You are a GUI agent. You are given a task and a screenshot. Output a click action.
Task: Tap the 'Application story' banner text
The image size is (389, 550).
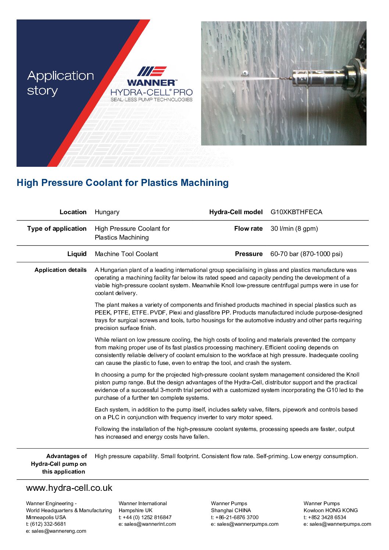click(x=61, y=83)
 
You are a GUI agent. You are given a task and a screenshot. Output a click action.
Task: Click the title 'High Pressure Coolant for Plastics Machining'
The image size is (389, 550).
click(x=122, y=183)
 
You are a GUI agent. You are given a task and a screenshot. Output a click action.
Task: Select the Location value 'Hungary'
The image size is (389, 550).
click(x=107, y=212)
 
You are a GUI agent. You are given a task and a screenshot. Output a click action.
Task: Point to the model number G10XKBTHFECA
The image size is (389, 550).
click(x=296, y=212)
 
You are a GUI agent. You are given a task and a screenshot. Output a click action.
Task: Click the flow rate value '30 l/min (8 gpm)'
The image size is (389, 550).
click(x=294, y=229)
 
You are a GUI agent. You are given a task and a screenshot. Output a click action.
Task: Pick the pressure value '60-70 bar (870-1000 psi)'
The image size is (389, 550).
click(x=306, y=254)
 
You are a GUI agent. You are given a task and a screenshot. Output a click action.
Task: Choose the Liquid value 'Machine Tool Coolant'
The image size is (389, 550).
click(x=126, y=254)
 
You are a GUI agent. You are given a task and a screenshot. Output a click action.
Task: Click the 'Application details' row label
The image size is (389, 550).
click(x=61, y=270)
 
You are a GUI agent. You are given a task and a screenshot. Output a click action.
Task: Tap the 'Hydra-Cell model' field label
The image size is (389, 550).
click(x=236, y=212)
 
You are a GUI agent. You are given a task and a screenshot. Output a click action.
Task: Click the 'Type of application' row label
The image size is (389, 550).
click(x=57, y=229)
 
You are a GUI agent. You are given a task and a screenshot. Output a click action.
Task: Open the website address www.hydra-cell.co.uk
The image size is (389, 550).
click(x=69, y=488)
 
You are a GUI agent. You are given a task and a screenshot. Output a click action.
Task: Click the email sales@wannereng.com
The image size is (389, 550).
click(x=59, y=531)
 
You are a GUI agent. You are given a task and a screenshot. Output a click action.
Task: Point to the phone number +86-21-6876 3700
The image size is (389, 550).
click(x=237, y=517)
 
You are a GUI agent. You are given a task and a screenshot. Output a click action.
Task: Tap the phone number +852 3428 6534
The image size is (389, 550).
click(x=327, y=517)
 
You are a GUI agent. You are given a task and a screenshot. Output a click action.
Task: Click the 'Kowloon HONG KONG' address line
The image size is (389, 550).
click(x=331, y=510)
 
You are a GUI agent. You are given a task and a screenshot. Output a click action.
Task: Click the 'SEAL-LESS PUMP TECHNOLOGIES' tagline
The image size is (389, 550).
click(x=151, y=100)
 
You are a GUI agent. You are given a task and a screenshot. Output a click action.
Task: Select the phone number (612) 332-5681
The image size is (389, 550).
click(x=48, y=524)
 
